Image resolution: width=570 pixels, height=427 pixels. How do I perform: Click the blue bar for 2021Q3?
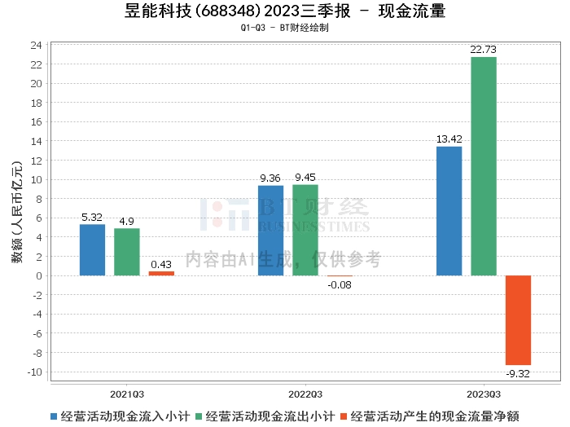[92, 249]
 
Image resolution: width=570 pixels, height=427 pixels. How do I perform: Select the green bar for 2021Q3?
[126, 252]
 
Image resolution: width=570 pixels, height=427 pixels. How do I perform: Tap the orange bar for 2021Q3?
[161, 273]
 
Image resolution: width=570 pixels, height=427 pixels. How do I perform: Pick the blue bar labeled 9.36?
[270, 231]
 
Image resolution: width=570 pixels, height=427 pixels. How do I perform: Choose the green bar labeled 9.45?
[305, 230]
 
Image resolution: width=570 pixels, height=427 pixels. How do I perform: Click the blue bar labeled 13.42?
[449, 211]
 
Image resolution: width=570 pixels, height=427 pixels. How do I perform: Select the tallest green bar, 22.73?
[483, 166]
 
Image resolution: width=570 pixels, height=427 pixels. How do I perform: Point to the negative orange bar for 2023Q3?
[518, 319]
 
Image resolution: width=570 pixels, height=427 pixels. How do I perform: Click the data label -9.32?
[518, 373]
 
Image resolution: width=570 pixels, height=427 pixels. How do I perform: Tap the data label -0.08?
[340, 284]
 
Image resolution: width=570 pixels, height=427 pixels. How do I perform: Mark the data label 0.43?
[161, 264]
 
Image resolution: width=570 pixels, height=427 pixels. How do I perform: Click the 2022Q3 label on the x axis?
[305, 392]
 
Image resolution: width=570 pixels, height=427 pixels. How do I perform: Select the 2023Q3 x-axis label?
[483, 392]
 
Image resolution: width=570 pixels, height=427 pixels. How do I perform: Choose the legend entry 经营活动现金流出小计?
[270, 416]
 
